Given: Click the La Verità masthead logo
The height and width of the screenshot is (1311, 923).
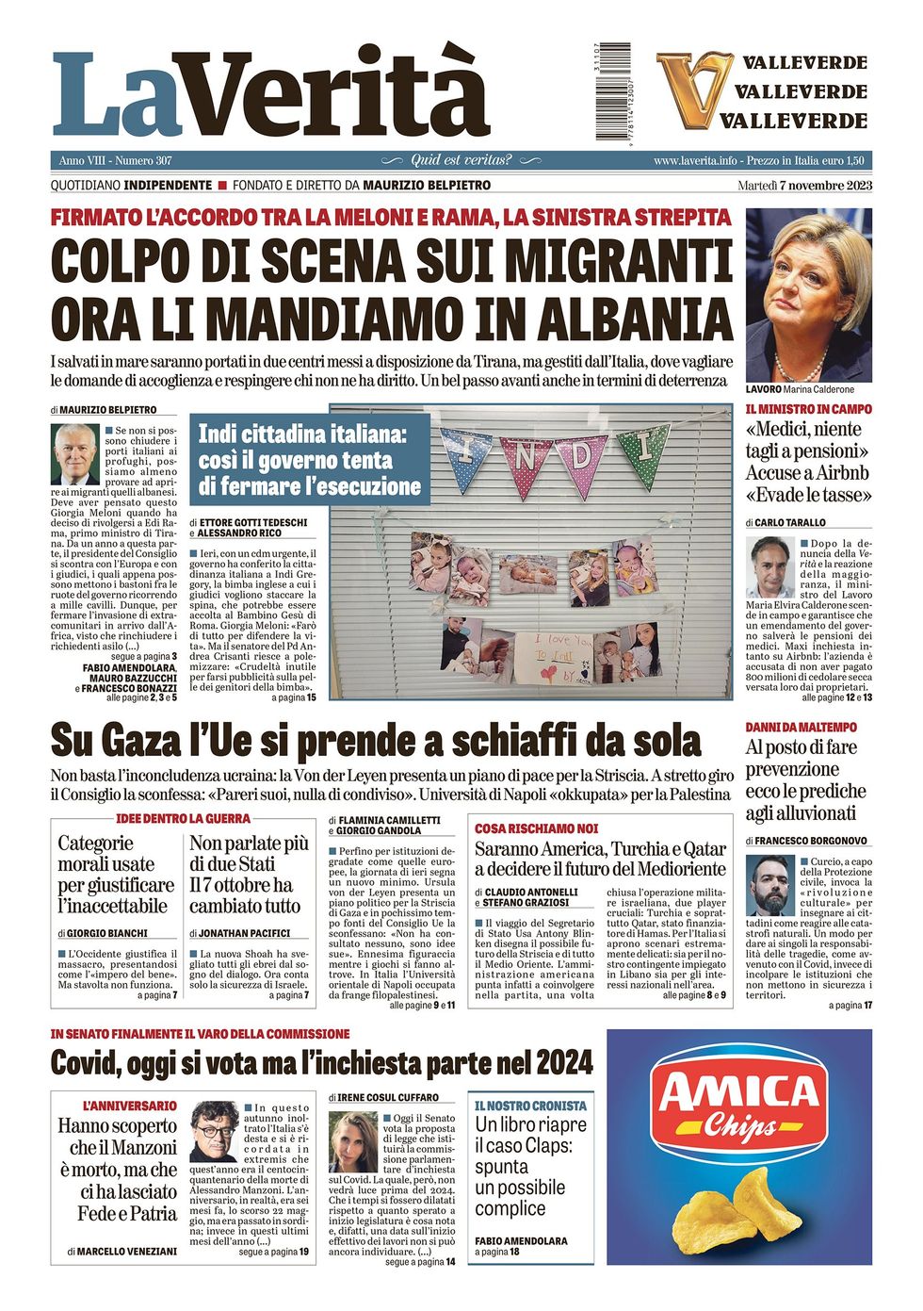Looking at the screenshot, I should (x=270, y=94).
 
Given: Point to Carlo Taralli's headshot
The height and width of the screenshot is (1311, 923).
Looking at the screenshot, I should (x=770, y=567).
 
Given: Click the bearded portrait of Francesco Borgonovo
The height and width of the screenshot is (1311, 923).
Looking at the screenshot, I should (x=770, y=885).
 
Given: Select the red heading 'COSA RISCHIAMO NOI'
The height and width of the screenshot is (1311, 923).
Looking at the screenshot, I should (x=536, y=828).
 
